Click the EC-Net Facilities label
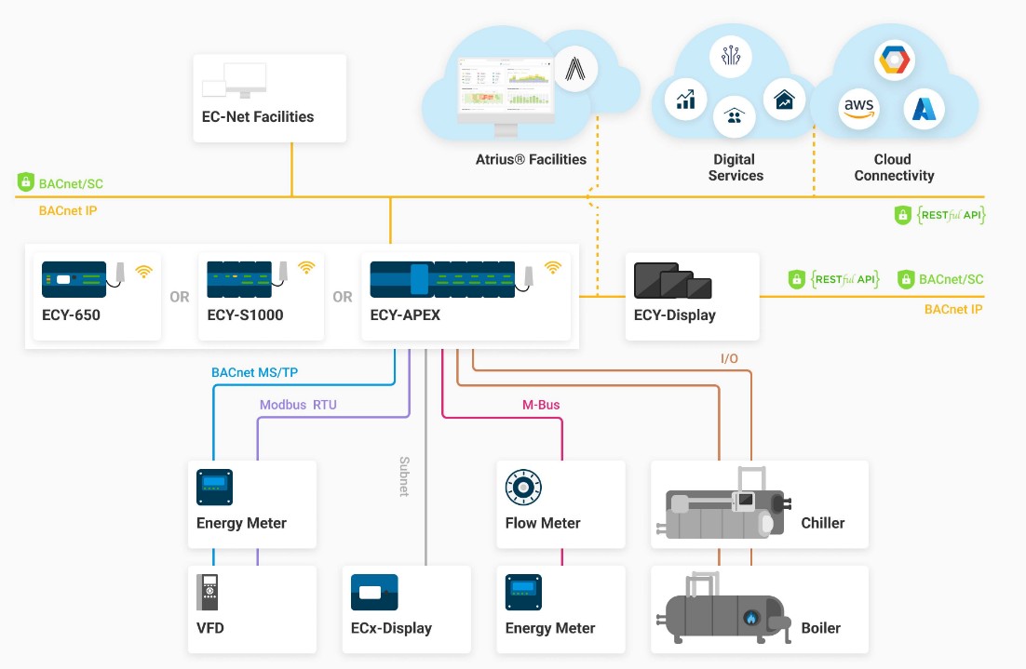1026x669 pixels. [x=258, y=117]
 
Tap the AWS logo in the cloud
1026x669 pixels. [x=858, y=108]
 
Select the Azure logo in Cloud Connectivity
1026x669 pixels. [x=923, y=109]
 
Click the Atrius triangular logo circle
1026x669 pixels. [x=575, y=70]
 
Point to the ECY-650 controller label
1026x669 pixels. [x=71, y=315]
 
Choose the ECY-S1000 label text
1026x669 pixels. [x=245, y=315]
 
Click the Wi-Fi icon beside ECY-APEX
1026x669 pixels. [x=553, y=268]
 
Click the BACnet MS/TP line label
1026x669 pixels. [x=254, y=373]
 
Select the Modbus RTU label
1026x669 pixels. [x=298, y=405]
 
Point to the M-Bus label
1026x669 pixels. [x=541, y=405]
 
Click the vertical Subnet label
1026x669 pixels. [x=404, y=475]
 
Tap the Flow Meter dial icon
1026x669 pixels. [x=522, y=487]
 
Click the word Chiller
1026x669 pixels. [x=823, y=523]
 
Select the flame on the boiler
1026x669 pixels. [x=750, y=618]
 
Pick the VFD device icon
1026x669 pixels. [x=208, y=592]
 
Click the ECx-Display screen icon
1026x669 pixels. [x=374, y=592]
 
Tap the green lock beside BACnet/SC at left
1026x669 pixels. [x=26, y=182]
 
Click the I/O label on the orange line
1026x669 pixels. [x=730, y=358]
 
